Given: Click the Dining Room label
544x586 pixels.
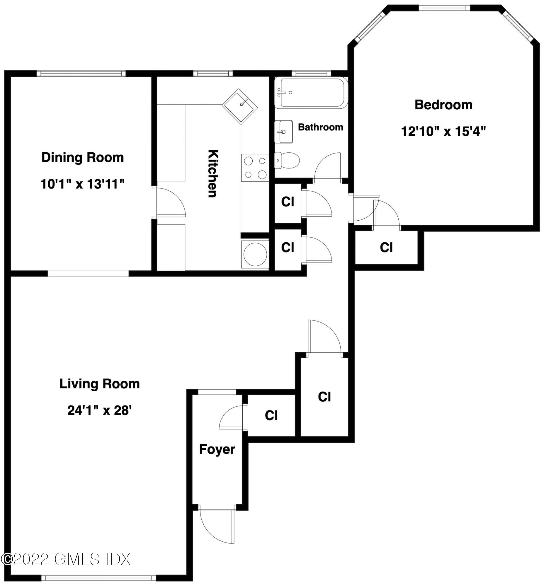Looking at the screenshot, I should point(82,158).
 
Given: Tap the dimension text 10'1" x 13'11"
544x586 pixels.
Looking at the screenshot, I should point(82,185).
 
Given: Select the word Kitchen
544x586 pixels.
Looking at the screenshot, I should point(213,173).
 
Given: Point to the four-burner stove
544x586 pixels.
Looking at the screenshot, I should point(255,168).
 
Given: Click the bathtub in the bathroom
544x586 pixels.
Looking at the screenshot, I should point(311,93).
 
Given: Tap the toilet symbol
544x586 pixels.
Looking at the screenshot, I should point(287,160).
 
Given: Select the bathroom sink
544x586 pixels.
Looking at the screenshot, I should point(283,132).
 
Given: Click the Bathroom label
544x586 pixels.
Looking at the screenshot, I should point(321,127).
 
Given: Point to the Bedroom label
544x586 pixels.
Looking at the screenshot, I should point(443,105).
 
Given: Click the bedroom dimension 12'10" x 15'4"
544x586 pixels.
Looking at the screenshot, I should point(443,131).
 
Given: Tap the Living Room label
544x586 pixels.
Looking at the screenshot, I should point(99,384).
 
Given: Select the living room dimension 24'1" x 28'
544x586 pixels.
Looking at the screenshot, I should point(99,410).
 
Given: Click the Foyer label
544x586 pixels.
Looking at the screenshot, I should point(217,449).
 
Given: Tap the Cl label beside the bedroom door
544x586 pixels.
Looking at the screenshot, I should point(386,248).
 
